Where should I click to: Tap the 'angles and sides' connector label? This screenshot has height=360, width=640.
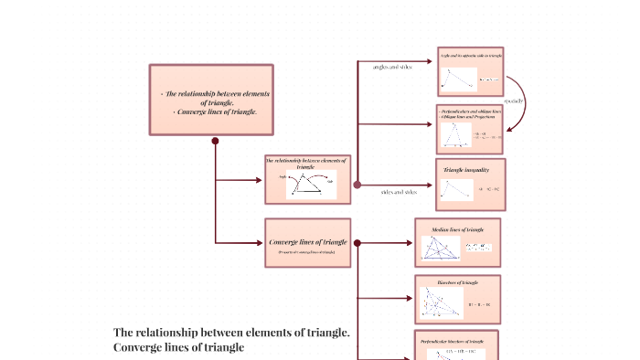coord(392,68)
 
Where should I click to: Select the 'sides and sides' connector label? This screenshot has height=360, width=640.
coord(398,192)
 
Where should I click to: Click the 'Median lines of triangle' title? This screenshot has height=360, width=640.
coord(458,228)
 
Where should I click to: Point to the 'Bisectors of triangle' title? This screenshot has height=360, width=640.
coord(458,283)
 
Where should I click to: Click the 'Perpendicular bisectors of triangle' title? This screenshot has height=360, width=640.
coord(458,339)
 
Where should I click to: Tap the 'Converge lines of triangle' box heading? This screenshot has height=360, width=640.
coord(308,241)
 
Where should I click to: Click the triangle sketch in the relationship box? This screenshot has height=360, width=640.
coord(307,185)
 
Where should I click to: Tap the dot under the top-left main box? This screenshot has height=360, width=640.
coord(215,141)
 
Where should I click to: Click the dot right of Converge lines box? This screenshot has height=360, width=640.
coord(357,243)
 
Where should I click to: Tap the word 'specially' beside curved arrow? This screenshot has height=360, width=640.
coord(513,101)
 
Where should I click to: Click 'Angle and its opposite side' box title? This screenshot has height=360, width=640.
coord(469,56)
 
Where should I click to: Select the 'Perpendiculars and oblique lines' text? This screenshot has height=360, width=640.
coord(471,111)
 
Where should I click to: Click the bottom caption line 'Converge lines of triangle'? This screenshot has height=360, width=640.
coord(179,347)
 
